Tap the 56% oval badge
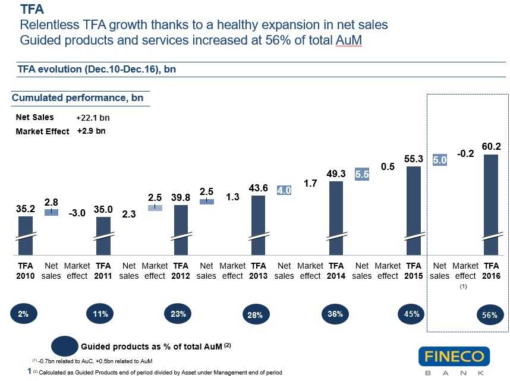490,316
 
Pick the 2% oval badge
23,314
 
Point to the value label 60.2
490,146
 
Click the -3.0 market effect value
77,213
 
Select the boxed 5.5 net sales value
362,175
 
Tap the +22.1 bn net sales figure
93,118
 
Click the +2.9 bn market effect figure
91,131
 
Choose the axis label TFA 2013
258,271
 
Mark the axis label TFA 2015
414,271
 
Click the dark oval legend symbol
65,345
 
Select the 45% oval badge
412,314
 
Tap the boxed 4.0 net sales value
284,191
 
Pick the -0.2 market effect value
465,154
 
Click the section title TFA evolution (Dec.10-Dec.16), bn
96,70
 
